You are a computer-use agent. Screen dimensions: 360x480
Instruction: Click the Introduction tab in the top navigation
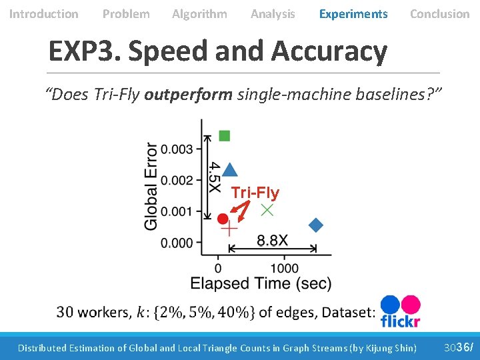[43, 14]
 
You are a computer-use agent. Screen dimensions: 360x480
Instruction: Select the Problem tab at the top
[126, 14]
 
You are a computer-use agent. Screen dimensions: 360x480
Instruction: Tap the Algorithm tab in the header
[199, 14]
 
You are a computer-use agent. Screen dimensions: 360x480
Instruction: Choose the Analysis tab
[273, 14]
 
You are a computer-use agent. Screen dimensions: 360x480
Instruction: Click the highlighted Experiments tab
[353, 14]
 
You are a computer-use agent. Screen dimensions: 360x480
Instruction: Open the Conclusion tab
[439, 14]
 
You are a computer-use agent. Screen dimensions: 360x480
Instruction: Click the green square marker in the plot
[225, 136]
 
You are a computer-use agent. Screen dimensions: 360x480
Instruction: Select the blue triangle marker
[229, 170]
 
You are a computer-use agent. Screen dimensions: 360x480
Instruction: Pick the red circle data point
[223, 218]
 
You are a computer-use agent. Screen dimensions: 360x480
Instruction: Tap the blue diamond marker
[316, 225]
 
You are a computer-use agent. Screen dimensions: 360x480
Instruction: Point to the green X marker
[267, 209]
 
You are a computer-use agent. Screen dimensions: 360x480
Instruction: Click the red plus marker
[229, 229]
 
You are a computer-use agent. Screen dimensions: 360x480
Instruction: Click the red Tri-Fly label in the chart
[255, 193]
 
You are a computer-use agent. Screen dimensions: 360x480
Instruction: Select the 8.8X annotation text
[272, 240]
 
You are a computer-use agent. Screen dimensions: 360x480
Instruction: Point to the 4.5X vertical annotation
[215, 177]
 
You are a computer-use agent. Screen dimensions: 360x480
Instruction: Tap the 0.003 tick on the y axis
[177, 149]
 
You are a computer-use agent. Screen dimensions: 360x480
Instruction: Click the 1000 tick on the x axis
[285, 268]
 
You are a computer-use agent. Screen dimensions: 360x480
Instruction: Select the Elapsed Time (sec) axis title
[261, 284]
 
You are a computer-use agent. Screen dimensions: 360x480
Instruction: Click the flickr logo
[400, 312]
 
